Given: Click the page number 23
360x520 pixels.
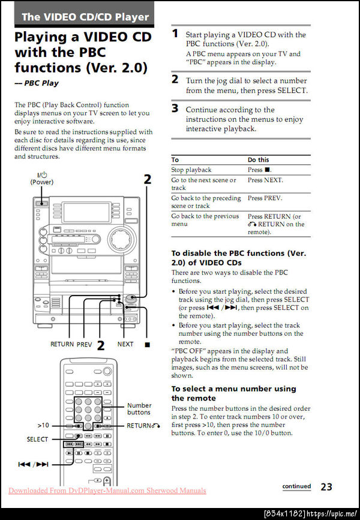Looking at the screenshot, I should point(326,487).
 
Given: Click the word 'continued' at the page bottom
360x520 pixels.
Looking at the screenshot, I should point(297,486).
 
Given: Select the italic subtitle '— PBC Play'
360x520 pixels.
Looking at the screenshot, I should point(37,83).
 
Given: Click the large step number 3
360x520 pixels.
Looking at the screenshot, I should point(175,109).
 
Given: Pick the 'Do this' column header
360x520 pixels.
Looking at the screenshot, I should point(259,160).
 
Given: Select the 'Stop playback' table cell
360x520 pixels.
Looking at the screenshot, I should point(191,170).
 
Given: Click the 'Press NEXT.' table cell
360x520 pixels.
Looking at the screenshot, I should point(265,180).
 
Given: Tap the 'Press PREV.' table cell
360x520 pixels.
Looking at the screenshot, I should point(265,198).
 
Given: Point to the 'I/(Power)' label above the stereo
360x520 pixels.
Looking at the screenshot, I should point(42,179).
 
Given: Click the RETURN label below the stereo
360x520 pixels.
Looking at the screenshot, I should point(62,345).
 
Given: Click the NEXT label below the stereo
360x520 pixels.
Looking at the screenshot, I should point(125,345).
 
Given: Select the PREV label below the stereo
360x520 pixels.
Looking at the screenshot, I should point(84,345).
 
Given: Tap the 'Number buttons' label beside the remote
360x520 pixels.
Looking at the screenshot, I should point(139,409).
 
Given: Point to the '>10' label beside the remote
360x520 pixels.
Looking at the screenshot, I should point(43,425).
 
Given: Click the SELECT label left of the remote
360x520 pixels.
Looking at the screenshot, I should point(37,440).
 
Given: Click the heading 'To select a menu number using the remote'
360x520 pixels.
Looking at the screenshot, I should point(233,393).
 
